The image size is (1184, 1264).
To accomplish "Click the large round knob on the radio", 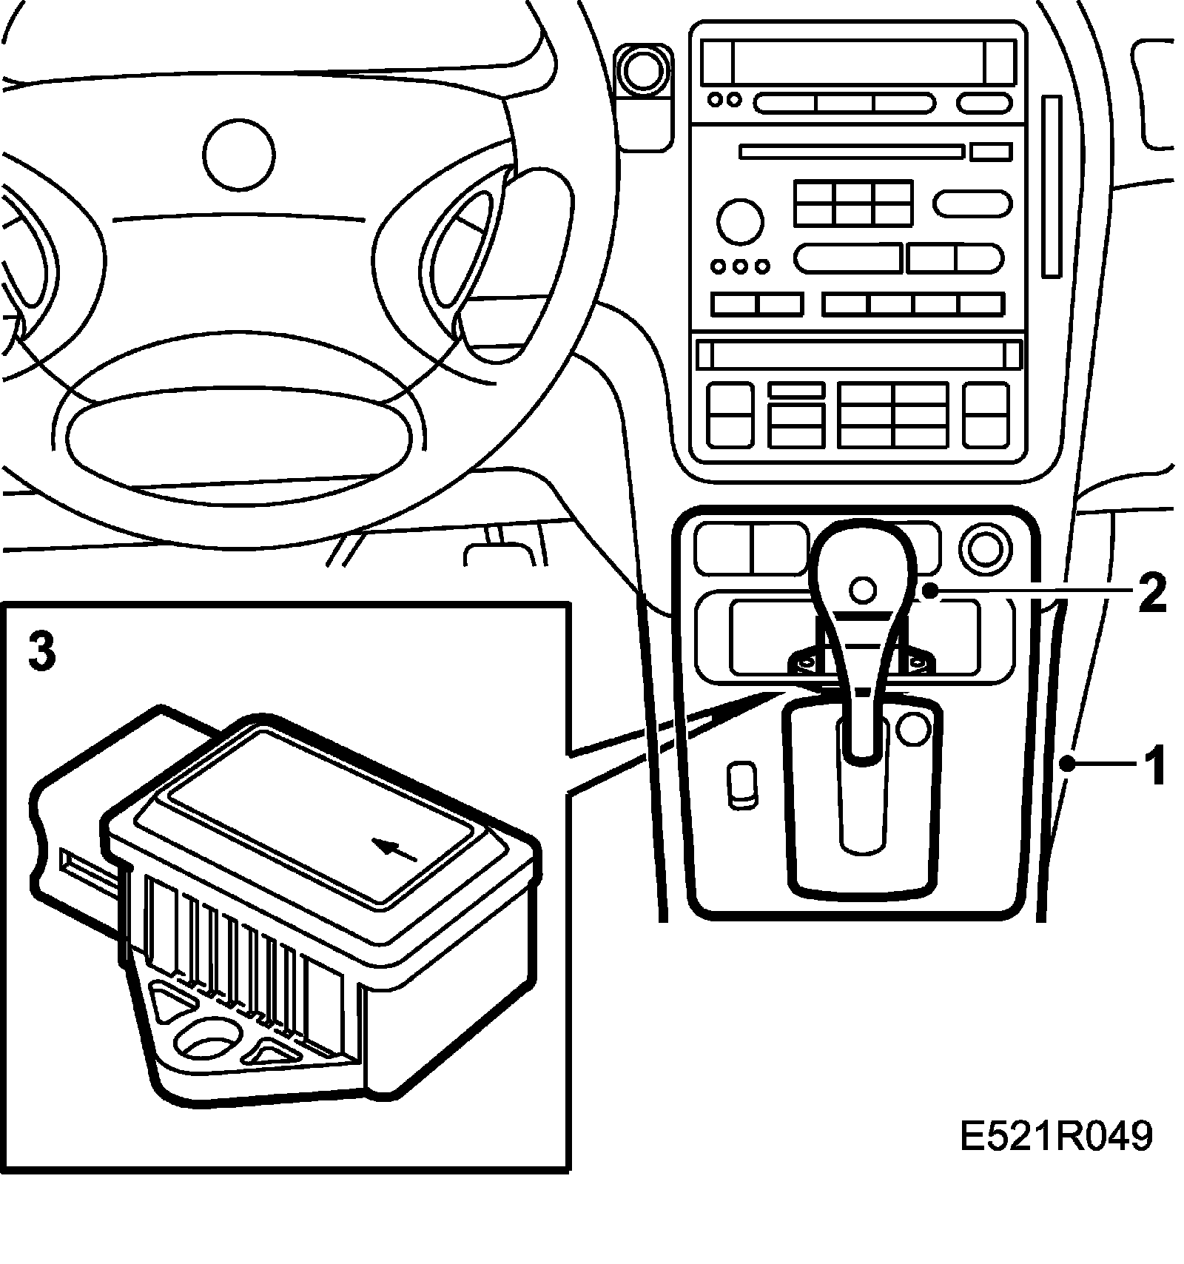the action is click(739, 220).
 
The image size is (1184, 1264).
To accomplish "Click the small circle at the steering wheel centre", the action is click(239, 155).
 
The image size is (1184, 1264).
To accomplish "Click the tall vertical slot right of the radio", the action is click(1052, 186).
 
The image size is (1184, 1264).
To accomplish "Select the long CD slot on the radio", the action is click(852, 152).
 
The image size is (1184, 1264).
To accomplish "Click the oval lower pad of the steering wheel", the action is click(238, 437).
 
